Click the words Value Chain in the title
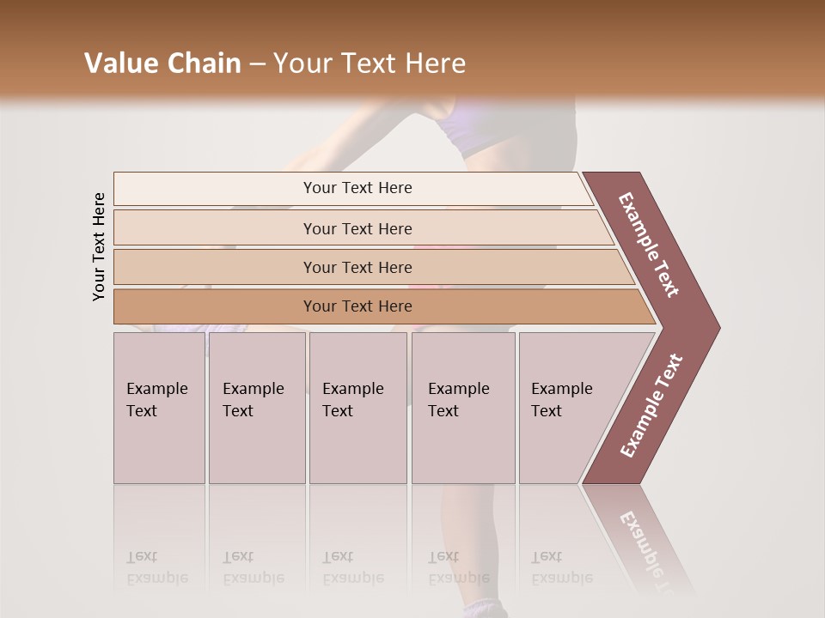point(162,64)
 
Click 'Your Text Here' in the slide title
point(370,64)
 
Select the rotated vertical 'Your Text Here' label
point(99,246)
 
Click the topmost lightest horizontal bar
point(357,188)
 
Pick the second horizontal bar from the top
point(357,228)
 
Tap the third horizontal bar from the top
point(357,267)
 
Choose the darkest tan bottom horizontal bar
point(357,306)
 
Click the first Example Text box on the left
point(159,408)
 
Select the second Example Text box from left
point(256,408)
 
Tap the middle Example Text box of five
point(357,408)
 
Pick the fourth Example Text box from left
point(462,408)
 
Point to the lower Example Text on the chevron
point(651,406)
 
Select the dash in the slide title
point(257,64)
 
